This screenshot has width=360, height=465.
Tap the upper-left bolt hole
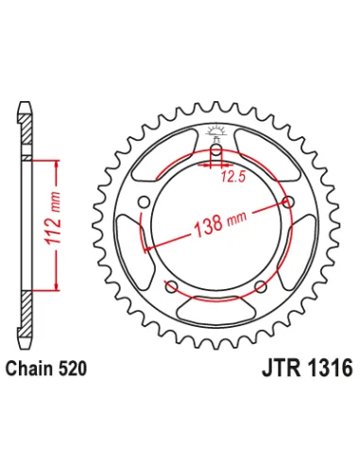(145, 201)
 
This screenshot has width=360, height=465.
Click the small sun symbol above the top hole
(216, 131)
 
